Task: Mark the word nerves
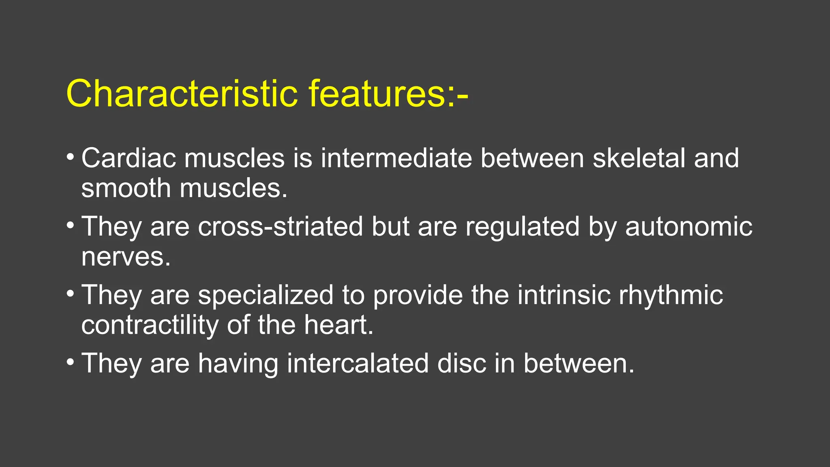pyautogui.click(x=126, y=257)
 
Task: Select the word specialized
pyautogui.click(x=265, y=295)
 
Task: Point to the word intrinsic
pyautogui.click(x=564, y=295)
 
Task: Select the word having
pyautogui.click(x=238, y=363)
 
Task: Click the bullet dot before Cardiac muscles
pyautogui.click(x=70, y=156)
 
